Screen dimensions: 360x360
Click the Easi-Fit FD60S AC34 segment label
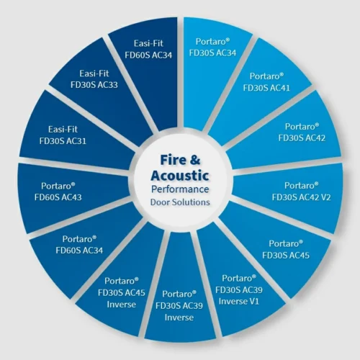point(148,49)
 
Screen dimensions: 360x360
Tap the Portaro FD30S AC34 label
point(212,47)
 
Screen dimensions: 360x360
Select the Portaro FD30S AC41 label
point(266,82)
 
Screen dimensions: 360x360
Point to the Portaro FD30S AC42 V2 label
point(301,192)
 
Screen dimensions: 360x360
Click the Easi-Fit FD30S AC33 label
point(94,79)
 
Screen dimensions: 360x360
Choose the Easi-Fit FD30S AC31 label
point(63,135)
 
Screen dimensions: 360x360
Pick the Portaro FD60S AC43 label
point(58,192)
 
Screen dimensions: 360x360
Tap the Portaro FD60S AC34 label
point(79,244)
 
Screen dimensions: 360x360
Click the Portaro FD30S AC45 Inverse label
point(122,292)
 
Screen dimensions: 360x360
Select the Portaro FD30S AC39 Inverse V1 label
point(239,289)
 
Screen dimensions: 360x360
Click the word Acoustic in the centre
point(180,175)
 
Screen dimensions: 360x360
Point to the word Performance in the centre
point(180,189)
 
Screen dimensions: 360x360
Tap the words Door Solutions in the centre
point(180,202)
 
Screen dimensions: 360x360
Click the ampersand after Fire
point(194,159)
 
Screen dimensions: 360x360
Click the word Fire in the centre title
point(172,160)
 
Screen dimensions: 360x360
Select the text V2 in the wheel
point(325,197)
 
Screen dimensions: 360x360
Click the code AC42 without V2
point(313,138)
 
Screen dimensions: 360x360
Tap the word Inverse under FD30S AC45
point(122,305)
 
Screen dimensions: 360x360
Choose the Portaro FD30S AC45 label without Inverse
point(286,249)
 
